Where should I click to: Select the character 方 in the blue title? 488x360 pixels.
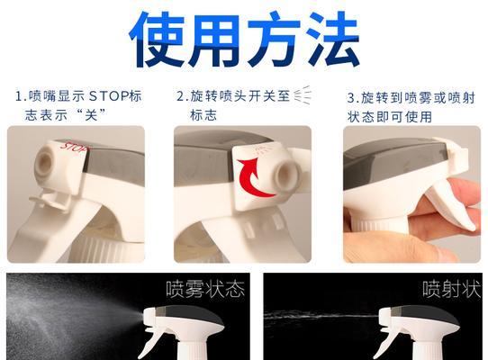pyautogui.click(x=276, y=40)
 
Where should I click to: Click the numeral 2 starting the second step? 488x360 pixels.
pyautogui.click(x=181, y=95)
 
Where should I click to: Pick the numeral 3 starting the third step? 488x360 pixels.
pyautogui.click(x=351, y=96)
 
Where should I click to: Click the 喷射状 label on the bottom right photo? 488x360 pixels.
pyautogui.click(x=450, y=290)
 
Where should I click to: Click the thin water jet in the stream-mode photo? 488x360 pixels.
pyautogui.click(x=315, y=317)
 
